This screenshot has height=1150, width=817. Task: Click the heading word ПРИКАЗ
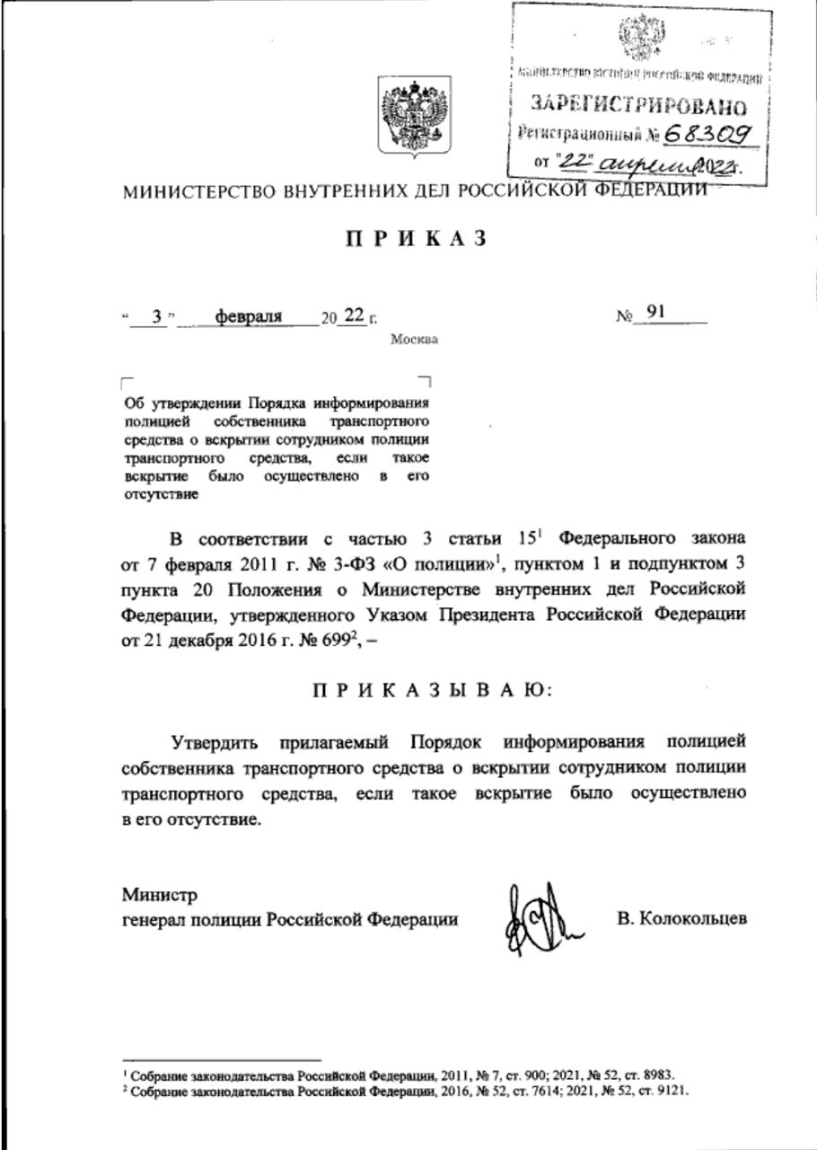coord(415,238)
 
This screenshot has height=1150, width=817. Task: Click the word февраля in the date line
coord(249,316)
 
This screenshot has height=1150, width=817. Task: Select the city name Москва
coord(414,340)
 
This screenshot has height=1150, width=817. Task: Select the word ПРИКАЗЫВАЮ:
coord(434,691)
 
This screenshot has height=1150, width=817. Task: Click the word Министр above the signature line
coord(160,895)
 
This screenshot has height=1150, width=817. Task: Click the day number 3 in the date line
coord(157,316)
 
